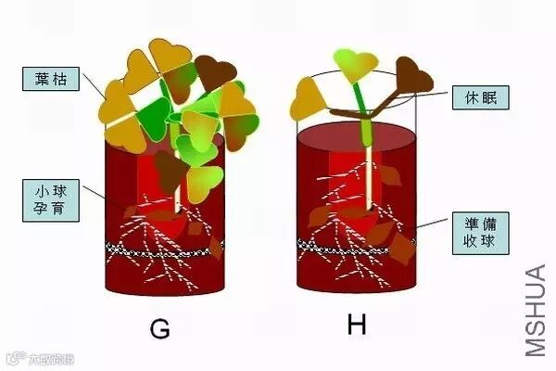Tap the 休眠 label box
pos(478,96)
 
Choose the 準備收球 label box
pos(478,233)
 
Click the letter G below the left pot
pos(162,329)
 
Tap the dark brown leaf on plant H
pos(411,76)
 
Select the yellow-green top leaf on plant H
pos(355,65)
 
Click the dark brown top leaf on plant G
pos(215,70)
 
